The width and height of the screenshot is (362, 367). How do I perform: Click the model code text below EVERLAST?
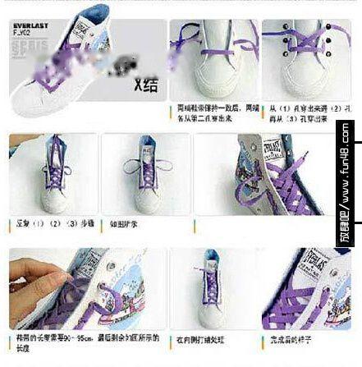click(x=22, y=34)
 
